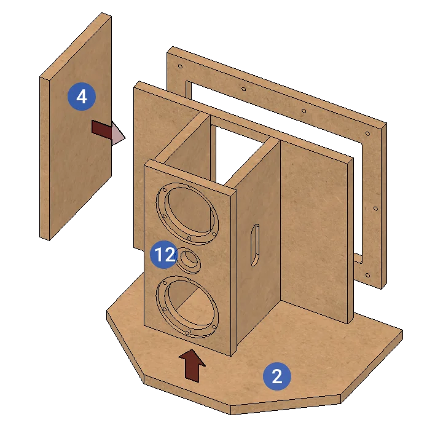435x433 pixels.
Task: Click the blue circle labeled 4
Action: [x=82, y=97]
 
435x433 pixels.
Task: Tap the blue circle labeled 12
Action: [x=164, y=255]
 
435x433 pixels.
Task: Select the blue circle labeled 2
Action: [x=277, y=376]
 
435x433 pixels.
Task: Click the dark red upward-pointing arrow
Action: [x=192, y=365]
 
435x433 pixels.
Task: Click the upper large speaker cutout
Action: [x=187, y=213]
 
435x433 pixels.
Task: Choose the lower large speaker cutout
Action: [x=187, y=306]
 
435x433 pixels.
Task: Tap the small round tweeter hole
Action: [x=189, y=261]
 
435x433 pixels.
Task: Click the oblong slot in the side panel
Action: [x=255, y=245]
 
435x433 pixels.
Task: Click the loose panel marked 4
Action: [x=76, y=126]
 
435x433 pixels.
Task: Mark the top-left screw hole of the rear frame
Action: [x=180, y=66]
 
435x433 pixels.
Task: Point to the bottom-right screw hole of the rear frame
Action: [x=367, y=276]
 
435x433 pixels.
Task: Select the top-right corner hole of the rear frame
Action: [x=367, y=133]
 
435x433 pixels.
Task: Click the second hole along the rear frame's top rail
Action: [x=243, y=89]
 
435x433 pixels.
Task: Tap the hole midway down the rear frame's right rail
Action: [x=375, y=209]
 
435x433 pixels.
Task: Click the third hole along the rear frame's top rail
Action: [x=304, y=111]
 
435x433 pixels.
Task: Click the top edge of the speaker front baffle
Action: [x=190, y=175]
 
